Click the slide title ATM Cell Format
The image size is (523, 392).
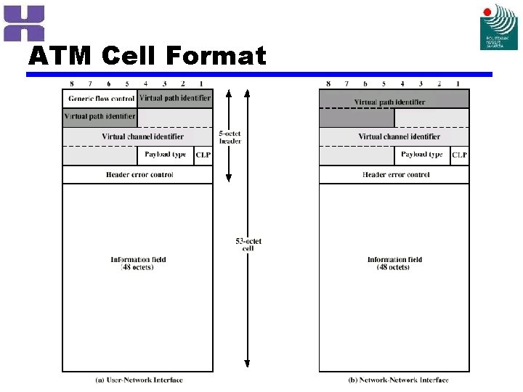pos(147,56)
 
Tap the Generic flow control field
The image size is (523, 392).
pos(101,99)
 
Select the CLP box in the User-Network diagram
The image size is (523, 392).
pos(203,155)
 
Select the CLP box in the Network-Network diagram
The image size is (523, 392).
pos(460,155)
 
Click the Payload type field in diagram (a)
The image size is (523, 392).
pos(165,155)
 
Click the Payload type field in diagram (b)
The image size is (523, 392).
pos(421,155)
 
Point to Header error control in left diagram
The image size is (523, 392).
pos(139,175)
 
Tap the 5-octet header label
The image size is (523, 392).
pos(230,137)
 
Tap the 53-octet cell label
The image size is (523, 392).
pos(248,245)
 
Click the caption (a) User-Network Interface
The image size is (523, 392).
pos(139,380)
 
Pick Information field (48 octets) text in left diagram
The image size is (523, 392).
pos(138,264)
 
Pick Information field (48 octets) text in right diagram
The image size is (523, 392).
pos(394,264)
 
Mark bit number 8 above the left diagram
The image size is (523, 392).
pos(71,84)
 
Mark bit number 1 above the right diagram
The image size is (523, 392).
pos(458,84)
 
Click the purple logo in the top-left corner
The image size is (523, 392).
pos(24,23)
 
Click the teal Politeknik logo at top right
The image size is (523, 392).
pos(499,27)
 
